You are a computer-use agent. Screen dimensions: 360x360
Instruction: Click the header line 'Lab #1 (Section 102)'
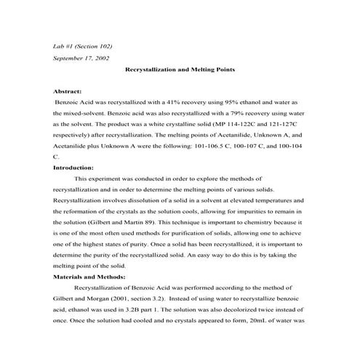83,46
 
